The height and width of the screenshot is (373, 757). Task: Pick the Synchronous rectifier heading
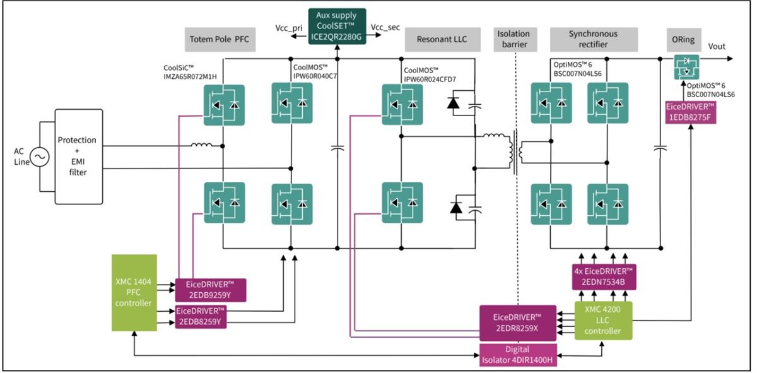tap(593, 38)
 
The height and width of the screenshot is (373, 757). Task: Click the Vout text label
tap(717, 46)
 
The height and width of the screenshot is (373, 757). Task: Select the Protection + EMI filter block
tap(77, 156)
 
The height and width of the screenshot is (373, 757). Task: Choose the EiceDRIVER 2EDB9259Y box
tap(209, 290)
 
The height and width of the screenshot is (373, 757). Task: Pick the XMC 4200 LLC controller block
tap(603, 320)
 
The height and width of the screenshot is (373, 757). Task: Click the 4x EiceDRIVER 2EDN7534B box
tap(603, 276)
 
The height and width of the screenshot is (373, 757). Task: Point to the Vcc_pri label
tap(289, 28)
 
